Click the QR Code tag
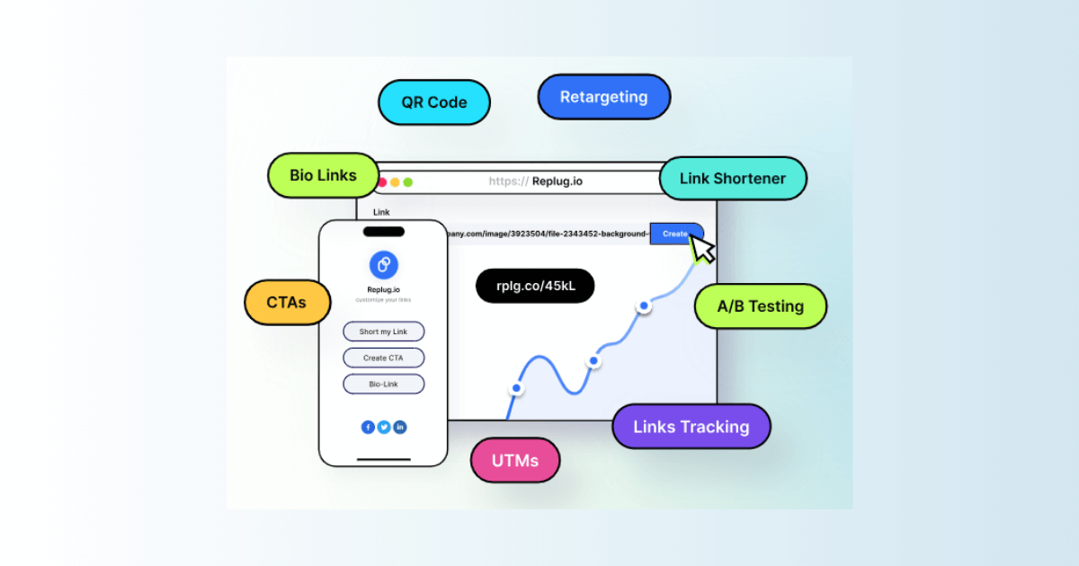coord(434,102)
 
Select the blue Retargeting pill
coord(603,97)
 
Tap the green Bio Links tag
coord(323,175)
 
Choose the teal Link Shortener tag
coord(732,179)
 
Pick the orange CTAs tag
coord(287,302)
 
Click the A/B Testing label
coord(760,306)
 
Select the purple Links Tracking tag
coord(691,427)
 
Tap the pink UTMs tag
coord(515,461)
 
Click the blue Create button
coord(674,234)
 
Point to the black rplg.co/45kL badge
coord(535,286)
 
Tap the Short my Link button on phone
coord(383,332)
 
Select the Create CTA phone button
coord(383,358)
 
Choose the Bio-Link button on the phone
coord(383,384)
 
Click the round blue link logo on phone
coord(383,264)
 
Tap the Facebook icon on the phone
coord(368,428)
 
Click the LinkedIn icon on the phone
coord(400,428)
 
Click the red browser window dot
coord(382,182)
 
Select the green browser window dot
coord(407,182)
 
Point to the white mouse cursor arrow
coord(702,248)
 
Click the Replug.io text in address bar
coord(557,181)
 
